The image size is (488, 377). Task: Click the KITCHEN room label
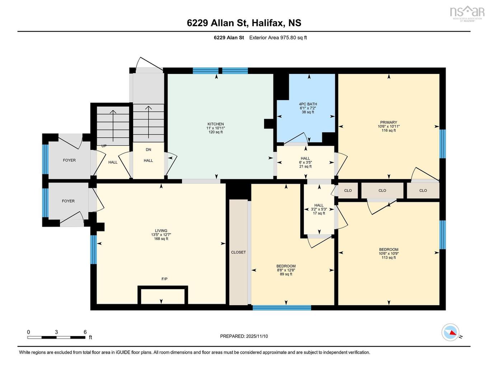tap(215, 124)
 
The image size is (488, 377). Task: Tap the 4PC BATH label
tap(308, 104)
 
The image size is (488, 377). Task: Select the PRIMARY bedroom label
tap(389, 122)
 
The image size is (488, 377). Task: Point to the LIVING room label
tap(161, 231)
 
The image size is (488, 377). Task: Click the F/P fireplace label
tap(164, 279)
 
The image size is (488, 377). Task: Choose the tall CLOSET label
tap(238, 252)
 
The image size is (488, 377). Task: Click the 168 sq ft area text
tap(161, 239)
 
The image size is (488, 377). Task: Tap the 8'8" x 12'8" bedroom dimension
tap(286, 270)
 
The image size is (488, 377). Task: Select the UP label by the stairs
tap(104, 146)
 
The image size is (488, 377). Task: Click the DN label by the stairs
tap(148, 150)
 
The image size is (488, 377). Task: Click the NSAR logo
tap(467, 13)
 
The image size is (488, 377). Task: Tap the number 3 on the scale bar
tap(56, 332)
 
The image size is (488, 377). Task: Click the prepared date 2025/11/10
tap(257, 336)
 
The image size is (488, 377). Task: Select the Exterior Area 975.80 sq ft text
tap(278, 37)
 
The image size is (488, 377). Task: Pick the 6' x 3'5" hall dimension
tap(305, 162)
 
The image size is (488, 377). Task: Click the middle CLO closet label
tap(382, 190)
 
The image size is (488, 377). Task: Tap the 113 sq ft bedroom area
tap(389, 258)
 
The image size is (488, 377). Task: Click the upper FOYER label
tap(69, 160)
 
